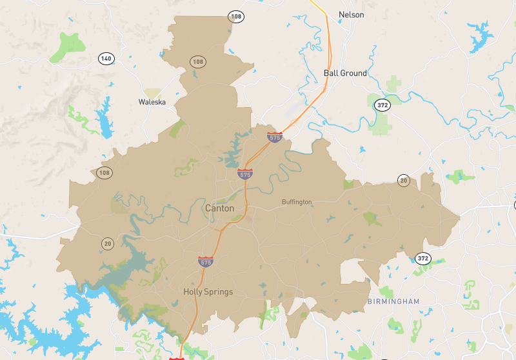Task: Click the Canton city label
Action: click(x=219, y=208)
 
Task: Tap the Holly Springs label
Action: click(x=208, y=292)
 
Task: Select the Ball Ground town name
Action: click(x=344, y=73)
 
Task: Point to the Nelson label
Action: click(x=352, y=14)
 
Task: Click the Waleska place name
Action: click(x=152, y=102)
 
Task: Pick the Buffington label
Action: click(x=297, y=202)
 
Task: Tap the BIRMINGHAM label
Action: click(x=393, y=301)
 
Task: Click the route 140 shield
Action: click(x=106, y=59)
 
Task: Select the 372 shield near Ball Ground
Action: click(x=383, y=105)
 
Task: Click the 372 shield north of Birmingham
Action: click(x=422, y=258)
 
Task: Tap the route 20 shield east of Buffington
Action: click(x=404, y=180)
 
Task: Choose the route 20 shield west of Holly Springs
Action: click(x=107, y=243)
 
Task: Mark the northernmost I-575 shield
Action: click(x=275, y=137)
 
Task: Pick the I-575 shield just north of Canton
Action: click(x=244, y=174)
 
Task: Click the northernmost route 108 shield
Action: click(x=237, y=16)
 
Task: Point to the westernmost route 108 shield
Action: click(x=104, y=173)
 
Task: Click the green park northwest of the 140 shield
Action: click(x=68, y=45)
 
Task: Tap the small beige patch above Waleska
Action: click(x=152, y=93)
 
